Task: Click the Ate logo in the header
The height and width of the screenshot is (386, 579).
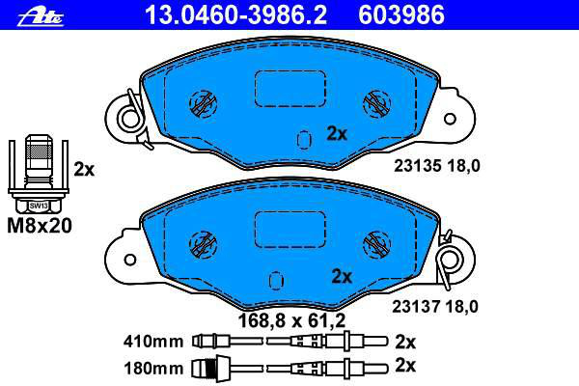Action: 41,17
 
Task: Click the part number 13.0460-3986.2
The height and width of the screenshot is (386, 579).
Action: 236,15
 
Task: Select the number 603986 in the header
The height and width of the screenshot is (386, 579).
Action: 401,15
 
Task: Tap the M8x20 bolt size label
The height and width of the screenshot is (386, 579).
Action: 40,226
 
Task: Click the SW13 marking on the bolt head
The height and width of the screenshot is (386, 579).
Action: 39,206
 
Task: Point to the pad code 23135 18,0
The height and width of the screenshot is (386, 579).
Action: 437,166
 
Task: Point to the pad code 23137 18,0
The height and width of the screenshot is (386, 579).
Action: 435,307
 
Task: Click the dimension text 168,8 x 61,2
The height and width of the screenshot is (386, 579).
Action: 291,320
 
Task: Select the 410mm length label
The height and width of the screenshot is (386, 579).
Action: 153,342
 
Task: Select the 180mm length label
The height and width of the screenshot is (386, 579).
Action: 153,369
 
